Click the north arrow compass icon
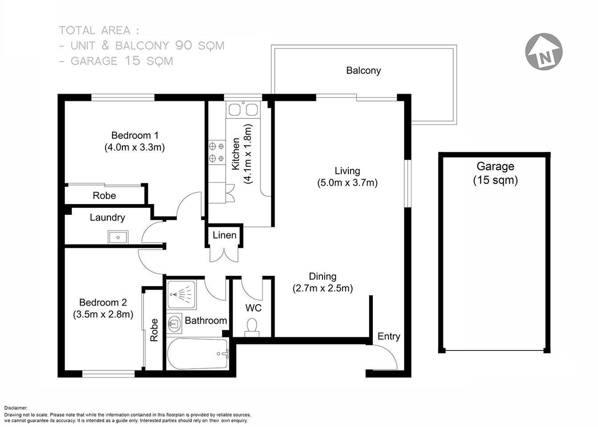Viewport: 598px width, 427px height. click(x=544, y=51)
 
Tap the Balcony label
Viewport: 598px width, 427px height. click(x=363, y=71)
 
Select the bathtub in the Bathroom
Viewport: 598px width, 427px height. click(x=198, y=354)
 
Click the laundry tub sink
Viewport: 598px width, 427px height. click(x=118, y=237)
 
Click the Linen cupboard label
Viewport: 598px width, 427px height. click(x=224, y=235)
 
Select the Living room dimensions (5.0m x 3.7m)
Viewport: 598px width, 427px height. click(x=347, y=182)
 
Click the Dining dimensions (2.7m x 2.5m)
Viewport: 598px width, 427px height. click(x=323, y=288)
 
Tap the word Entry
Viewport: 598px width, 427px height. click(x=388, y=336)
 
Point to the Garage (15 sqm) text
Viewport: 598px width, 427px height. click(x=495, y=173)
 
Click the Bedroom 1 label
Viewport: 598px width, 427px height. click(x=134, y=135)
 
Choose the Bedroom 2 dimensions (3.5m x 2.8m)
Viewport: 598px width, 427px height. click(x=103, y=314)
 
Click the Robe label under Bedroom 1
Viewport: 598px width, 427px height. click(x=104, y=196)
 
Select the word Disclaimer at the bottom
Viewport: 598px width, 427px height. click(x=16, y=408)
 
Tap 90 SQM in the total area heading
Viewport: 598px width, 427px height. click(x=200, y=45)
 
